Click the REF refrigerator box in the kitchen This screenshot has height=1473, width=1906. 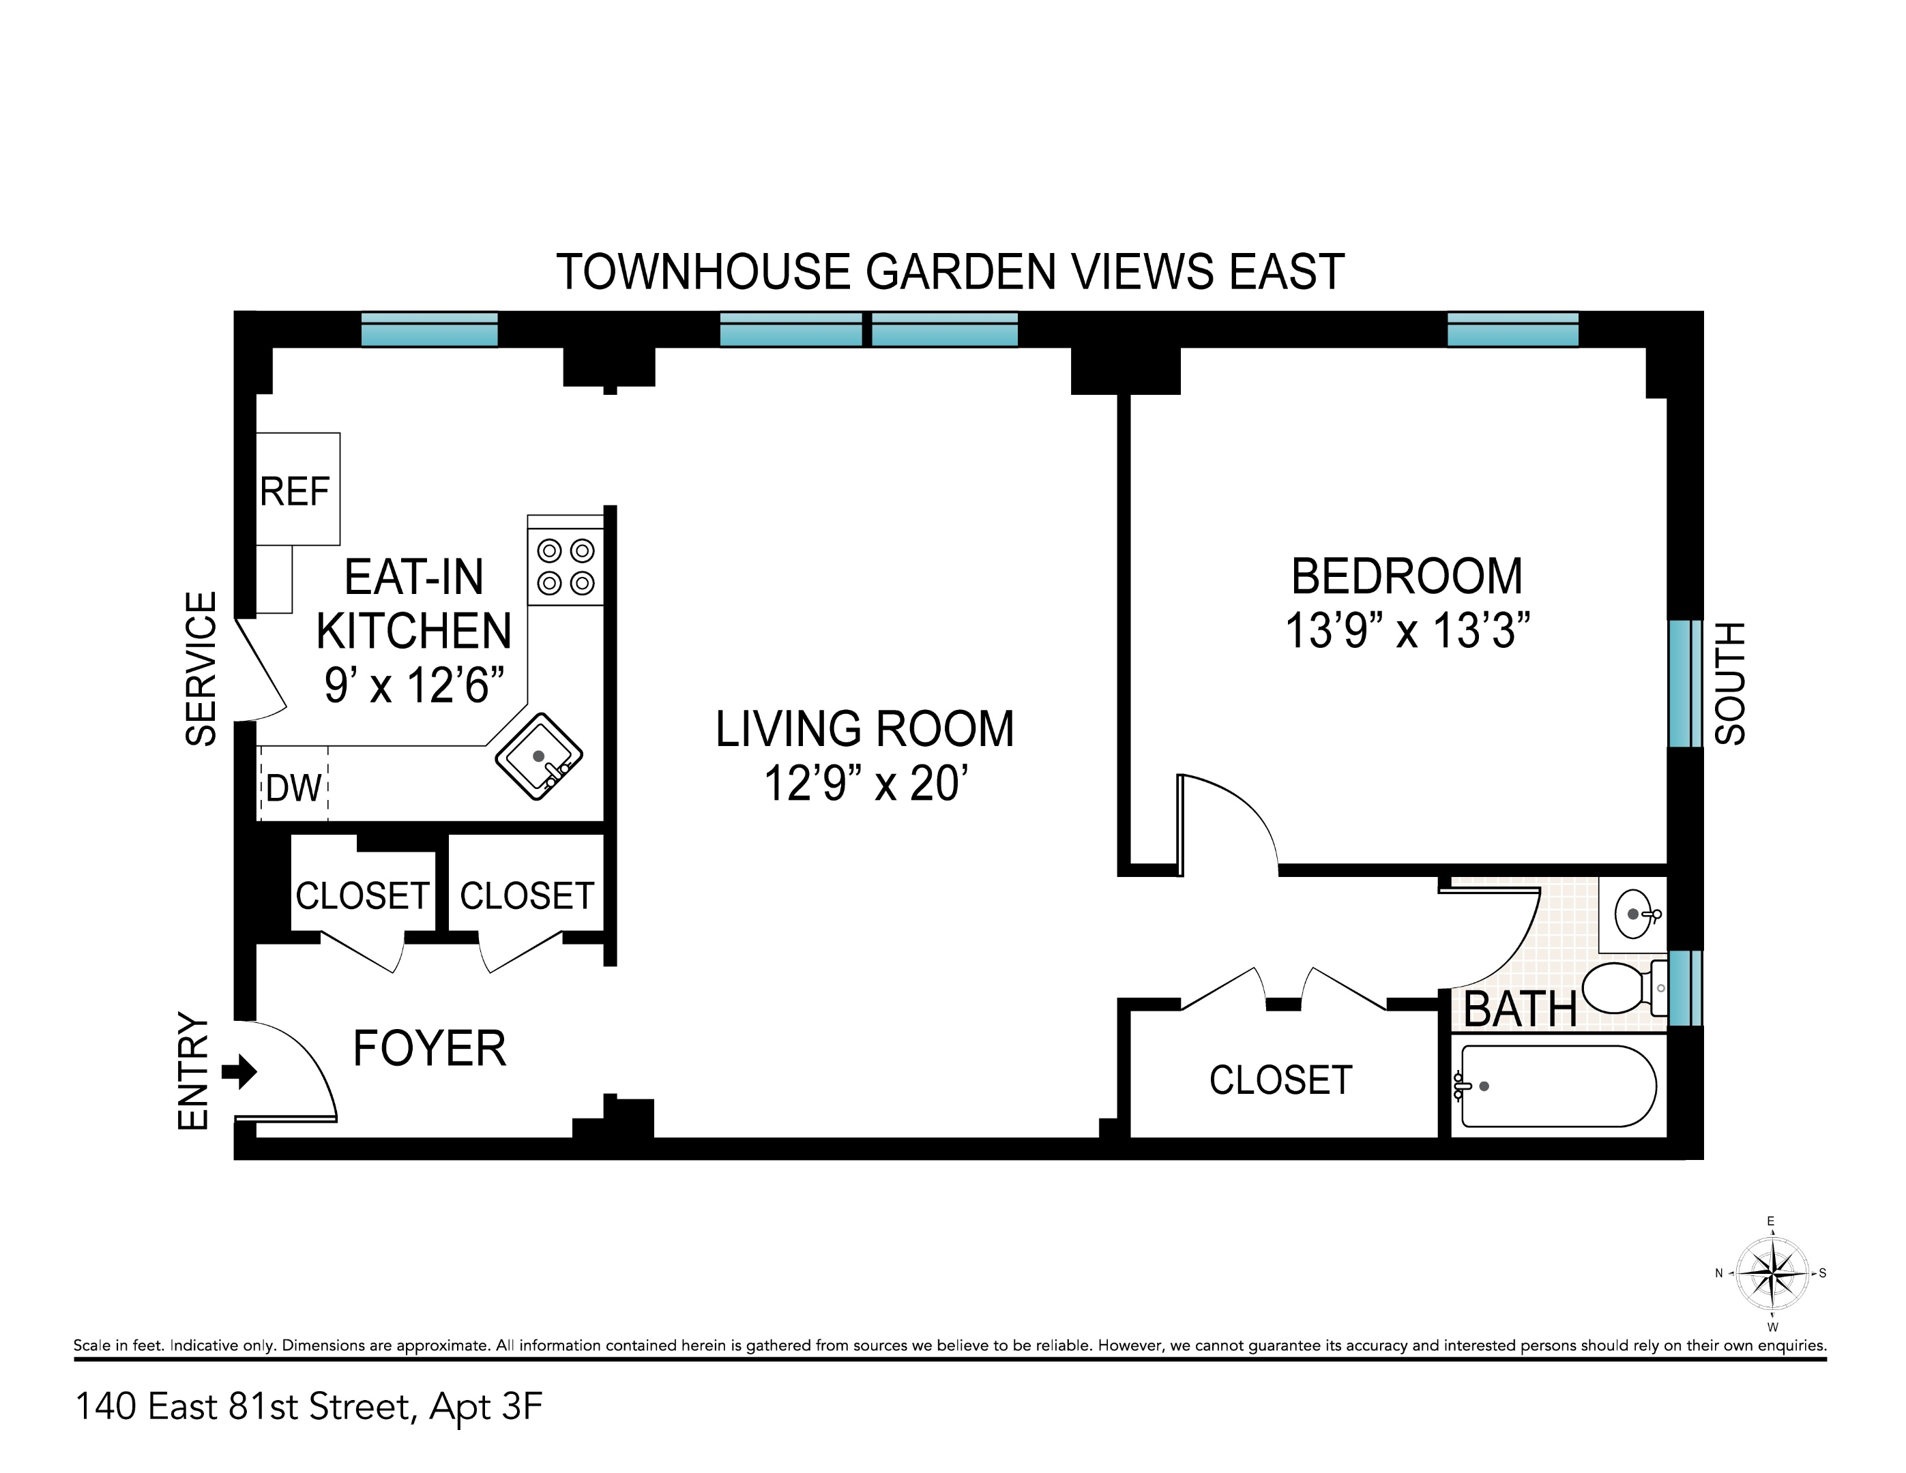(x=297, y=490)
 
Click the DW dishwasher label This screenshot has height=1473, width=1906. (x=294, y=789)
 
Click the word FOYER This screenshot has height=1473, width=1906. (x=429, y=1048)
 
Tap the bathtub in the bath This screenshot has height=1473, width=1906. (x=1559, y=1086)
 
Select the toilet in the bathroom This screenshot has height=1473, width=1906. (x=1619, y=988)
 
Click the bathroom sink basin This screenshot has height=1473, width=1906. (x=1632, y=914)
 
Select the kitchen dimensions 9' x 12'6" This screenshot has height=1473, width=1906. (x=415, y=686)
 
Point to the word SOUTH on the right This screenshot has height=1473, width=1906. (x=1730, y=683)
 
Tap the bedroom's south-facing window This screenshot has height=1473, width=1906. (x=1684, y=683)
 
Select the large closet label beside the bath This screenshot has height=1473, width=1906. (x=1280, y=1080)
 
